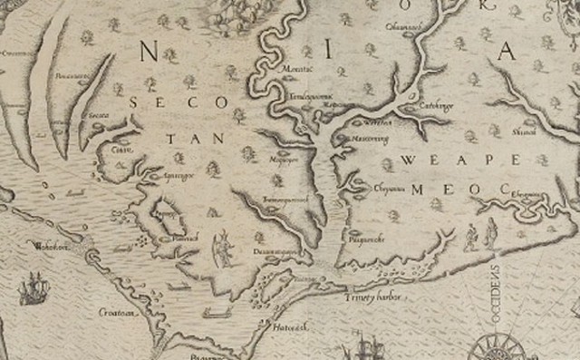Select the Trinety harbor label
pos(372,297)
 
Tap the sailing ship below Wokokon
pos(33,289)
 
